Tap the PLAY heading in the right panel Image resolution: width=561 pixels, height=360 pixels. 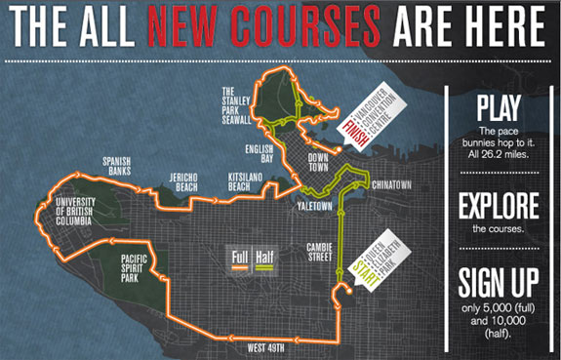499,106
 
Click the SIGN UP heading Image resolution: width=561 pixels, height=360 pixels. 499,283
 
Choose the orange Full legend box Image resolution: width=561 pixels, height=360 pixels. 240,259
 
